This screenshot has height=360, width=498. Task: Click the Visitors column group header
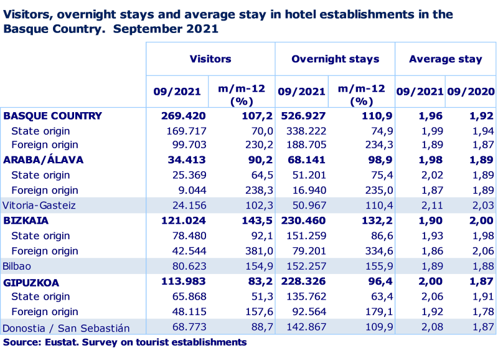click(x=210, y=59)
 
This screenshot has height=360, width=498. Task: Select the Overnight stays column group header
click(x=335, y=59)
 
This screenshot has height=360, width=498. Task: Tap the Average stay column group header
click(x=445, y=59)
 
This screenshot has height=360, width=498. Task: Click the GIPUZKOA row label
click(x=31, y=282)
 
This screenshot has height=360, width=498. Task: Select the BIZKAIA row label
click(x=26, y=220)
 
